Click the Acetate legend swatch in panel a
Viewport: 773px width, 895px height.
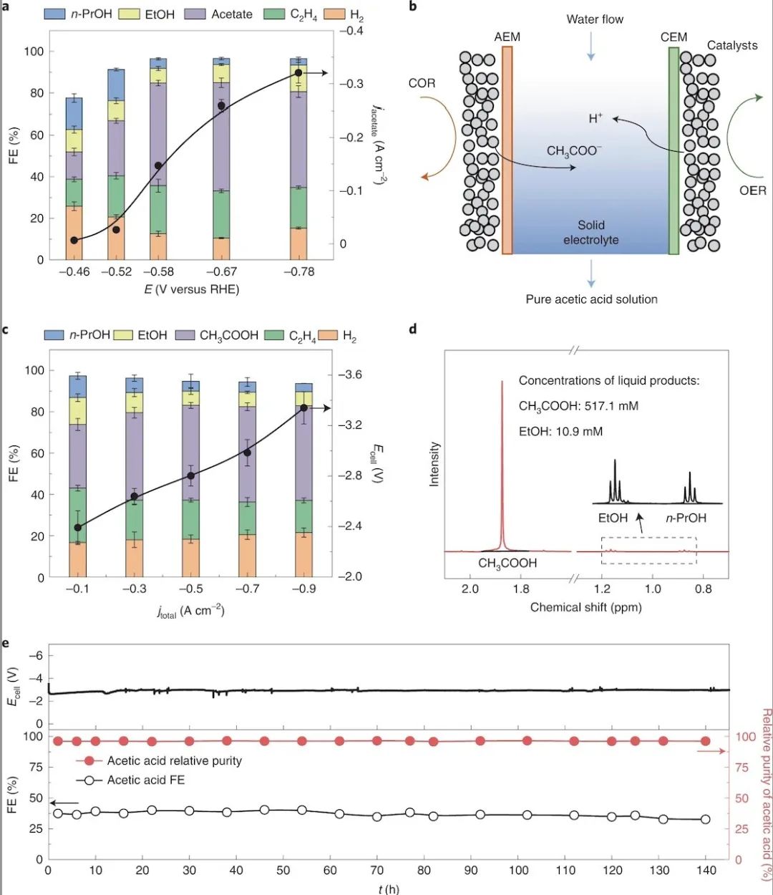[195, 14]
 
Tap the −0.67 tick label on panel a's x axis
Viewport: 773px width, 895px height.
[222, 272]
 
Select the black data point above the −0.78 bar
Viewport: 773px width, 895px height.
[298, 73]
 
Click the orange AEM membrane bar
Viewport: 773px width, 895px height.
[507, 150]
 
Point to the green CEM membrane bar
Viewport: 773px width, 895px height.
[674, 150]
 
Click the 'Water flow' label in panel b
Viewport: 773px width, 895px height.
[595, 19]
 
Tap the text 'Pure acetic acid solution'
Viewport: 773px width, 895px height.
[591, 299]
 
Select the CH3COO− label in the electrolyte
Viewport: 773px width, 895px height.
[574, 150]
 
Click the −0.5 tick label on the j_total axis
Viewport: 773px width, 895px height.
[190, 589]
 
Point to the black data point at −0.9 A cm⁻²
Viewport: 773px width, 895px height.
[303, 408]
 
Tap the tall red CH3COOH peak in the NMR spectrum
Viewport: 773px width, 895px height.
[502, 465]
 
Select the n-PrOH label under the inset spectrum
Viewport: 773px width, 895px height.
[686, 518]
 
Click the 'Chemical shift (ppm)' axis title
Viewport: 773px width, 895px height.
[585, 607]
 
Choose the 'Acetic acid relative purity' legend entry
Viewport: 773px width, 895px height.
[174, 761]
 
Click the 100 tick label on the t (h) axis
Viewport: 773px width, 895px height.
[519, 871]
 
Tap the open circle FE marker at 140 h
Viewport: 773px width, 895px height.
[705, 819]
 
